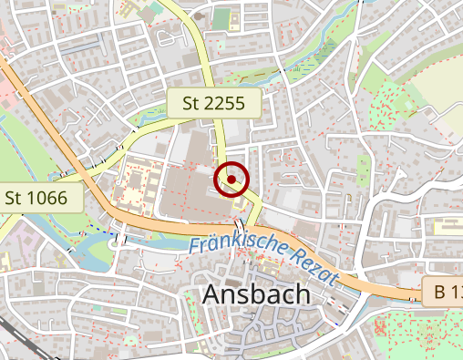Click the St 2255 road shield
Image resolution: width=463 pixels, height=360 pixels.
tap(213, 104)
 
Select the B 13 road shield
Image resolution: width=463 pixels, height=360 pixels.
tap(445, 293)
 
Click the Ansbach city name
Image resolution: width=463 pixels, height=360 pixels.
tap(256, 295)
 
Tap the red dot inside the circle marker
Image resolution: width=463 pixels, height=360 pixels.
tap(231, 180)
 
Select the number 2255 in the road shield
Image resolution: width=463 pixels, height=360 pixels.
tap(225, 104)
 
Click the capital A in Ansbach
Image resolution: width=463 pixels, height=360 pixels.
tap(211, 295)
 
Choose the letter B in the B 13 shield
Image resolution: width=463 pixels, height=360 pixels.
tap(439, 293)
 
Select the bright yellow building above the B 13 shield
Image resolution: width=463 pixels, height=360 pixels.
tap(448, 225)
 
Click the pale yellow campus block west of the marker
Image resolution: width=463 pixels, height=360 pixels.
tap(137, 182)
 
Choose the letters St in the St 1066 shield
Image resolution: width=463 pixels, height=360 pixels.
tap(15, 198)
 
